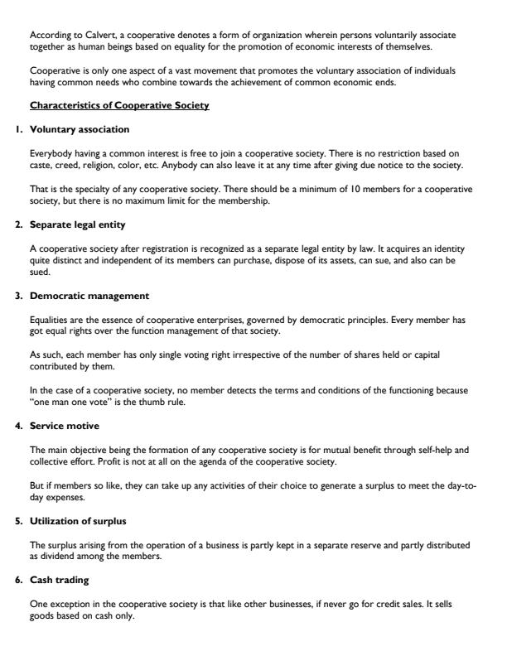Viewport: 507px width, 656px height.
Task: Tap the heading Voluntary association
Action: click(80, 129)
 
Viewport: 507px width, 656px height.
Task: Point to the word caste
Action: click(39, 166)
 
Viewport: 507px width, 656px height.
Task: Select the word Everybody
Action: click(51, 154)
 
